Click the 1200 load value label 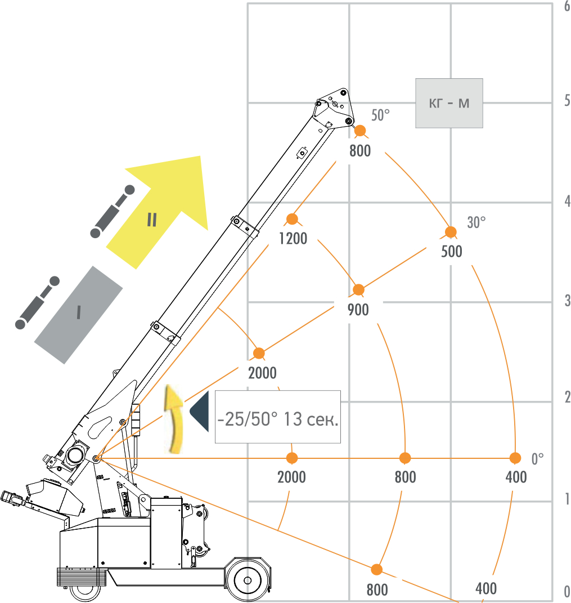click(293, 239)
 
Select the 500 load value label click(452, 251)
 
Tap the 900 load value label click(358, 310)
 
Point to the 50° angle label click(380, 115)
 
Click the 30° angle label click(476, 222)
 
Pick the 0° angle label click(538, 459)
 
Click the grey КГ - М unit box click(449, 103)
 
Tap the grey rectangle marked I click(79, 314)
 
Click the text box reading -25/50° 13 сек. click(278, 417)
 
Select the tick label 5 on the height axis click(566, 101)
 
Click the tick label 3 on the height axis click(566, 301)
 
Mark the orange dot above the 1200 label click(291, 219)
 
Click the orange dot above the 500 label click(451, 231)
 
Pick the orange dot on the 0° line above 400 click(515, 458)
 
